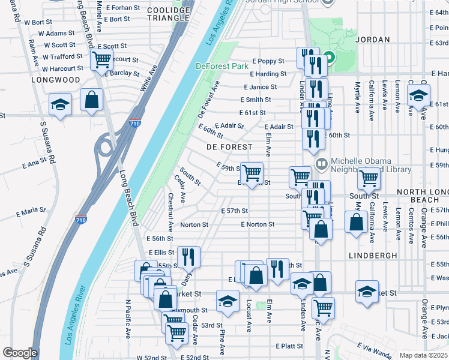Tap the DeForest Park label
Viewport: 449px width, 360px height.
(222, 66)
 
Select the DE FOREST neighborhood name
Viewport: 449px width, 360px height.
(229, 146)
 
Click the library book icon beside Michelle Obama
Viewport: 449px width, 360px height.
(321, 163)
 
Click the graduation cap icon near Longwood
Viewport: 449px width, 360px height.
(60, 104)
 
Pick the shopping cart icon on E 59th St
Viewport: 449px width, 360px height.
(252, 172)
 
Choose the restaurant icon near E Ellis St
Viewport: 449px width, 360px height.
(188, 256)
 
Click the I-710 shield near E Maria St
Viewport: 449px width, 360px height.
(82, 220)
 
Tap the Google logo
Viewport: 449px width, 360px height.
(19, 353)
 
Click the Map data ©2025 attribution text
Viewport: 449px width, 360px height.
(423, 355)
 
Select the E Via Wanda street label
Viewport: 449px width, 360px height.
(373, 349)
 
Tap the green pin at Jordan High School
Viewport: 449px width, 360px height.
(329, 59)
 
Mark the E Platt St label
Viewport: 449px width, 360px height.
(289, 346)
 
